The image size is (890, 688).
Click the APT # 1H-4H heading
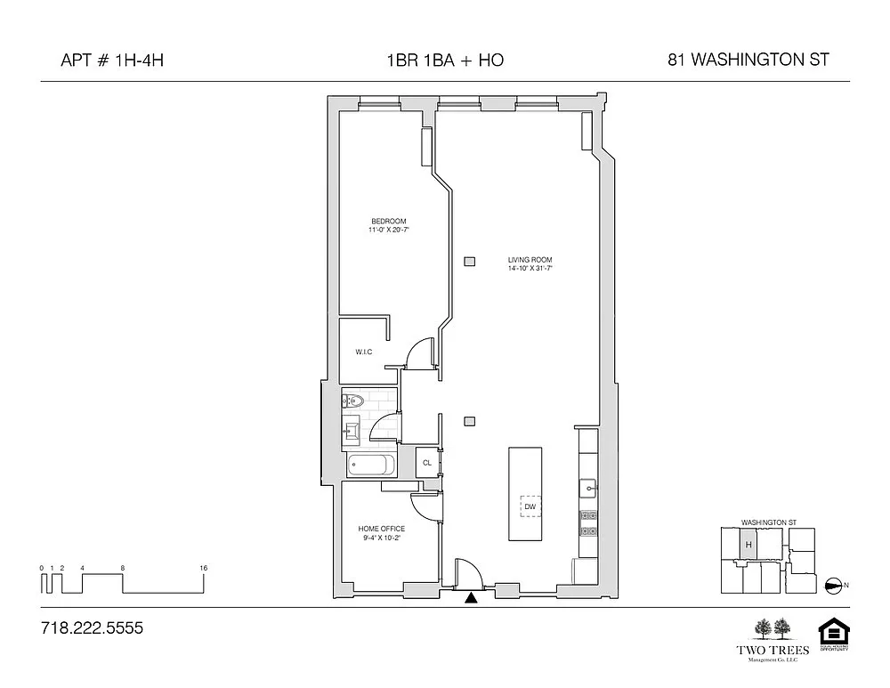tap(112, 61)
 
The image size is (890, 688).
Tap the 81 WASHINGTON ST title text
tap(748, 61)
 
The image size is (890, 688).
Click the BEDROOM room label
tap(388, 222)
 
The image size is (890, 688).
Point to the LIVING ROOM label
tap(530, 260)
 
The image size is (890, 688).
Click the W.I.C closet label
tap(363, 352)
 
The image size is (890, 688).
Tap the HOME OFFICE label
tap(381, 529)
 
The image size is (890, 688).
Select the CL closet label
tap(427, 463)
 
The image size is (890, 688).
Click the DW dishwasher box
tap(530, 507)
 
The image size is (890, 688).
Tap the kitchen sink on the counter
tap(588, 487)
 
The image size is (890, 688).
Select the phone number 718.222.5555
tap(92, 628)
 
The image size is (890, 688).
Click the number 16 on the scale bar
tap(204, 568)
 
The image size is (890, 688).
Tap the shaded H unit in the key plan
tap(748, 544)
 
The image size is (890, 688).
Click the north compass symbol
tap(834, 585)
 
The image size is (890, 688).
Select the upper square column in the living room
tap(469, 261)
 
